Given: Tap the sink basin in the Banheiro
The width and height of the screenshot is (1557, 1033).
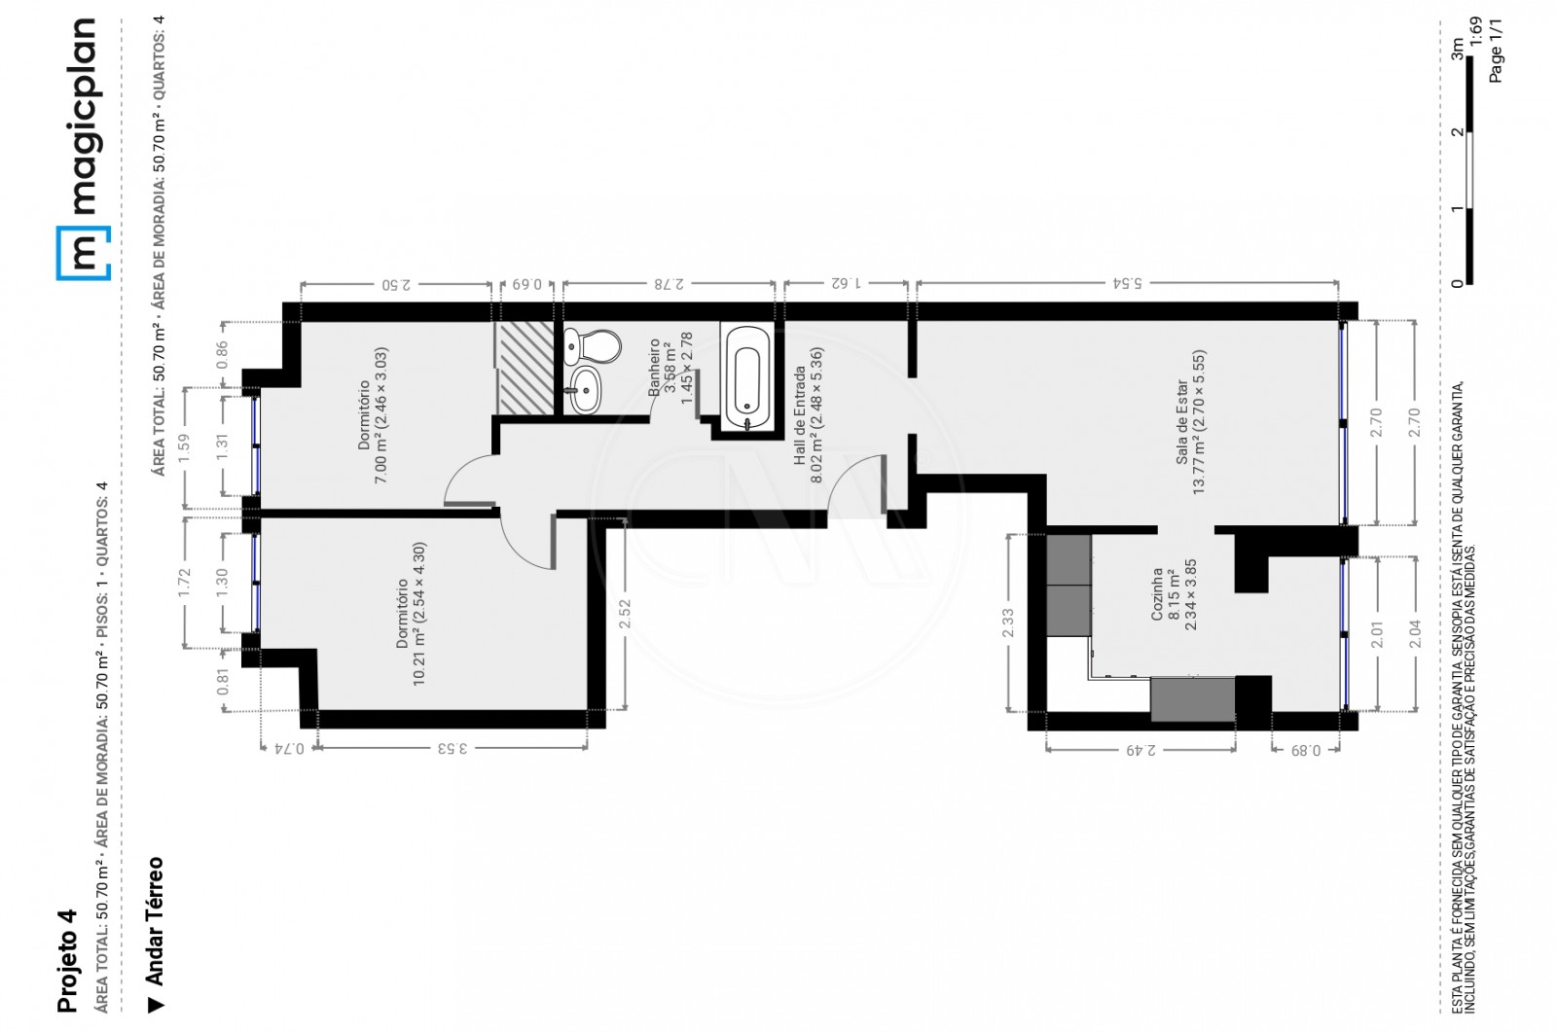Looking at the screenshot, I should point(586,391).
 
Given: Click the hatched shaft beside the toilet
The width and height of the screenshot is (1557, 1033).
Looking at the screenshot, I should point(525,368).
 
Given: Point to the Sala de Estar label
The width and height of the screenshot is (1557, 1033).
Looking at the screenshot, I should point(1190,422).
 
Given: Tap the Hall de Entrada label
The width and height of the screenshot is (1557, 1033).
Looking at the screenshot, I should point(808,406).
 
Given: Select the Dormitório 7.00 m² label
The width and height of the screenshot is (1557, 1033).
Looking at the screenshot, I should point(373,414).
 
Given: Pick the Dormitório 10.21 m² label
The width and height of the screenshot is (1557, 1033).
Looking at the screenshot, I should point(411,614).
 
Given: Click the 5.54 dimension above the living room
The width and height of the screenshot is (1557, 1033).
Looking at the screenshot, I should point(1127,283).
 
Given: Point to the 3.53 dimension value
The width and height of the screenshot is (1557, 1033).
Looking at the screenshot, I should point(452,748).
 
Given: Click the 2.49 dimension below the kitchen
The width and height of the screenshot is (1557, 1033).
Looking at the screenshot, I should point(1141,750).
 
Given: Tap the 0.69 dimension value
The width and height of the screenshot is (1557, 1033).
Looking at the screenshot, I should point(526,284).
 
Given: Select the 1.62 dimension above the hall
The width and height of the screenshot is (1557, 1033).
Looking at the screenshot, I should point(846,283).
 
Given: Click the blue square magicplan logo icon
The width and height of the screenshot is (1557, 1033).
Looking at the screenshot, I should point(83,252).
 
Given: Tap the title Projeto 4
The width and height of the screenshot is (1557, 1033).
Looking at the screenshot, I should point(67,960).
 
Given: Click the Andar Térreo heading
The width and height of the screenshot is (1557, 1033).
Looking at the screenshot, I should point(154,920).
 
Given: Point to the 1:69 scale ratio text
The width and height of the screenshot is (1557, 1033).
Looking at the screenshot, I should point(1475,31).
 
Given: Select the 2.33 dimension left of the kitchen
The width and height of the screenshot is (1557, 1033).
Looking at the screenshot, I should point(1007,623).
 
